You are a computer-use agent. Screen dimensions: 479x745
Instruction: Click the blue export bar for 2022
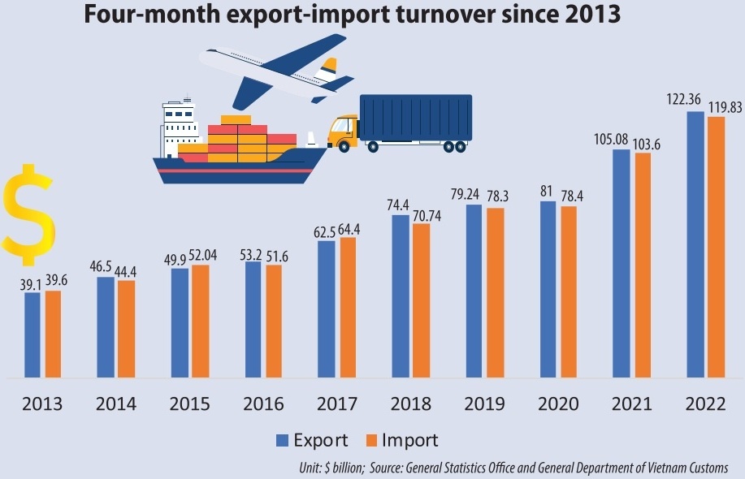tap(695, 244)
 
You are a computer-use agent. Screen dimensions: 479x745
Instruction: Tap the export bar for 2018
tap(400, 296)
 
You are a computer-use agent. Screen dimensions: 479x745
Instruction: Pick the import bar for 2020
tap(569, 292)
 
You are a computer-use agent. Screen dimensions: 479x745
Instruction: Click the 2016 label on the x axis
tap(263, 403)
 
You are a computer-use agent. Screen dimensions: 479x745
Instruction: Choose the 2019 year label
tap(484, 403)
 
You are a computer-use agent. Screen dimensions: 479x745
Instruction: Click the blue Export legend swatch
tap(283, 441)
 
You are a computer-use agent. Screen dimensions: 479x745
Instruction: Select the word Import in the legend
tap(410, 441)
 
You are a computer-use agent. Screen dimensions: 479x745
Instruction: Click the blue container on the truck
tap(415, 117)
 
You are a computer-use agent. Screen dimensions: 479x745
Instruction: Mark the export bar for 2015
tap(179, 323)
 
